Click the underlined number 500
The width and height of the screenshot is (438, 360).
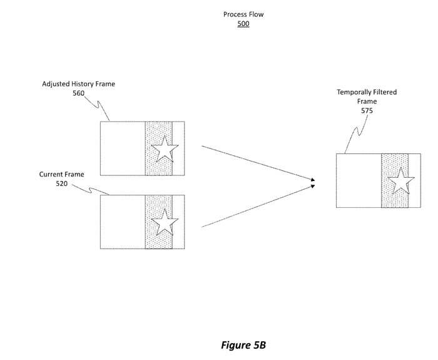[x=243, y=24]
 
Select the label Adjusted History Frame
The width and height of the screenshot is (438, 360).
[x=78, y=84]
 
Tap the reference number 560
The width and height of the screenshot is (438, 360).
[x=78, y=94]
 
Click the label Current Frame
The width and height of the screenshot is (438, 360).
[x=61, y=174]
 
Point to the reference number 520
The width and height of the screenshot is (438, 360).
[x=61, y=184]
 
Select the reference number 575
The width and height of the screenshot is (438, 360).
[x=367, y=111]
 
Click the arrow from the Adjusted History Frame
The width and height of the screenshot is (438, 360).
[x=257, y=163]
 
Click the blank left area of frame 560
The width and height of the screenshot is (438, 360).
[x=123, y=148]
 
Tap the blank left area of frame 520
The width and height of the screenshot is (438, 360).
[x=123, y=222]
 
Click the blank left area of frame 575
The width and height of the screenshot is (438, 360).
[x=359, y=181]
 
